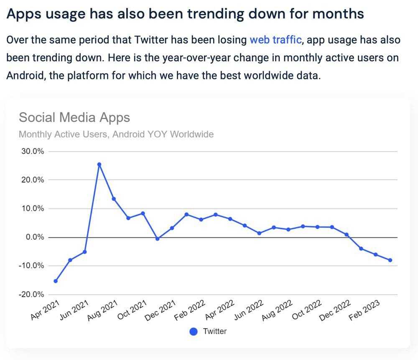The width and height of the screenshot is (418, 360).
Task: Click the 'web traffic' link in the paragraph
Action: (275, 40)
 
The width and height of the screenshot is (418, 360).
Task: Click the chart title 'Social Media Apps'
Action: (74, 117)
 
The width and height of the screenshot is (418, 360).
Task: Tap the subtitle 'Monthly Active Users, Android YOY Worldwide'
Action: (116, 134)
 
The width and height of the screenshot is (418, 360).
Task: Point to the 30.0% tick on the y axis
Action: (32, 151)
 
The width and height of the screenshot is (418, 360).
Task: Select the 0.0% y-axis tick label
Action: (33, 237)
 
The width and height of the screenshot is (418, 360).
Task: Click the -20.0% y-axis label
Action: (32, 294)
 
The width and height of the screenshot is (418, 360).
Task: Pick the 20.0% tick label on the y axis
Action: (32, 180)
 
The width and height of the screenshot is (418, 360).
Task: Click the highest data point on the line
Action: (99, 164)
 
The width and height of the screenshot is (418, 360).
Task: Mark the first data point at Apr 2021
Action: (56, 281)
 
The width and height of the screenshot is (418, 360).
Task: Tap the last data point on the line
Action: (390, 260)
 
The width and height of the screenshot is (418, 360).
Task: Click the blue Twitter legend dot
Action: (194, 332)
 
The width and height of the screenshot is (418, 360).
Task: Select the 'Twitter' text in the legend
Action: (215, 332)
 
